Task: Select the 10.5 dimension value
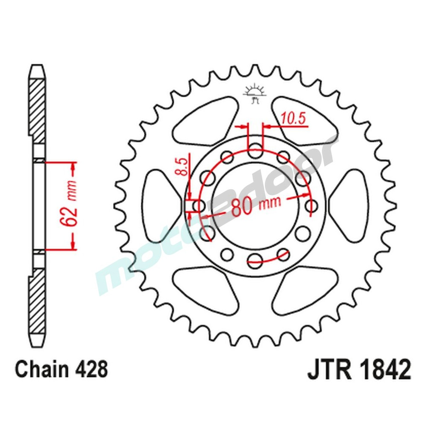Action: click(x=294, y=119)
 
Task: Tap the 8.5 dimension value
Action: click(x=182, y=167)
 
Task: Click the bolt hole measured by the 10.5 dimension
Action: click(x=256, y=150)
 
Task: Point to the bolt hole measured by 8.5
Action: click(x=199, y=206)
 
